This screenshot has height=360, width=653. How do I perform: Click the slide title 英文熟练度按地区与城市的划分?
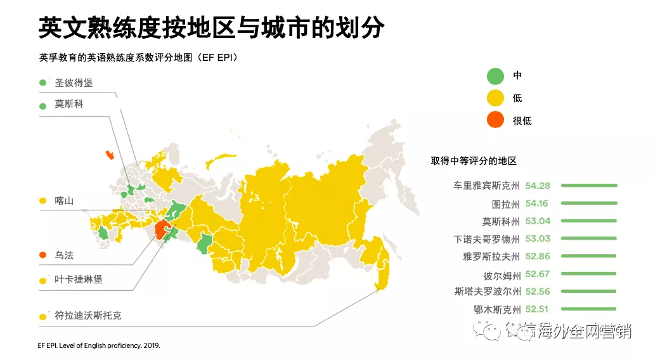tap(210, 28)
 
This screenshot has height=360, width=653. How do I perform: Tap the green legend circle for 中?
tap(495, 75)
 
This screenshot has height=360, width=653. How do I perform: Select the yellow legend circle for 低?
tap(495, 98)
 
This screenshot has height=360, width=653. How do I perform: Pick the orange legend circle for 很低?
tap(495, 120)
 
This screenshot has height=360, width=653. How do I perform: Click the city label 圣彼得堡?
tap(74, 82)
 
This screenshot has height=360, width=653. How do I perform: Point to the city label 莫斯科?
tap(68, 105)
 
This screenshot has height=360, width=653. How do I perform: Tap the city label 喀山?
tap(64, 201)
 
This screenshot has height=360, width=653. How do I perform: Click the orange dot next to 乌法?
tap(43, 255)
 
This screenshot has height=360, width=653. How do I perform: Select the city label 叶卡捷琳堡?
tap(78, 280)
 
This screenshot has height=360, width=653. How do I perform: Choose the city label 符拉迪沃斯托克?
tap(87, 315)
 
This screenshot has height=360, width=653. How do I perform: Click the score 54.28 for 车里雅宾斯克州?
tap(537, 186)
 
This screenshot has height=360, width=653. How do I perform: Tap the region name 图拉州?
tap(505, 204)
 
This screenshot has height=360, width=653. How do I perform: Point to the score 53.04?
tap(537, 221)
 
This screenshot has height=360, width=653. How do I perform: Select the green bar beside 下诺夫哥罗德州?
tap(589, 239)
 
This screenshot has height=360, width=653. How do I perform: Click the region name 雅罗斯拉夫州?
tap(491, 257)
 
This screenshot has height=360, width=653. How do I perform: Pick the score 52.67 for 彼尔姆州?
tap(537, 274)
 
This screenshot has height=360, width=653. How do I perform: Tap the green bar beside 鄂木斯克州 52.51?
tap(589, 309)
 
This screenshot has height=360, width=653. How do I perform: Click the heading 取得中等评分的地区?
tap(474, 161)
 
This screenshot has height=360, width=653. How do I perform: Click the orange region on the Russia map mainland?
tap(164, 229)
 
